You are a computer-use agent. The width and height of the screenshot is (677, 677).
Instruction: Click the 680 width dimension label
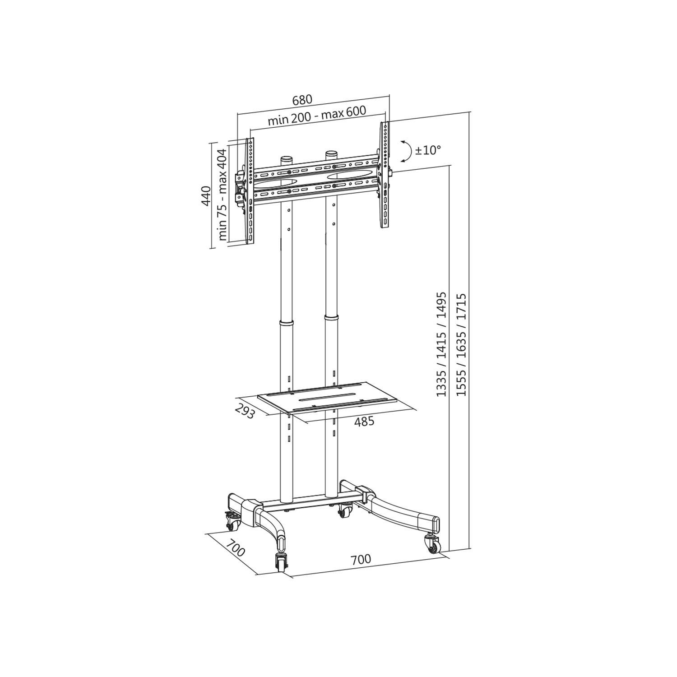(302, 100)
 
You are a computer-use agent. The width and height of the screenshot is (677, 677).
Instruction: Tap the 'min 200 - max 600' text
(316, 116)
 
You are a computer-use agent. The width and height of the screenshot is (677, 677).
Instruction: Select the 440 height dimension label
(205, 196)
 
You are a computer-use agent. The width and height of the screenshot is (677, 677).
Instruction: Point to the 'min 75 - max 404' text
(223, 195)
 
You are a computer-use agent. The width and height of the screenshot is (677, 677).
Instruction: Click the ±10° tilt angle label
(427, 150)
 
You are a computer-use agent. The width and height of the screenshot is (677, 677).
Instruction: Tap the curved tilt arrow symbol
(406, 150)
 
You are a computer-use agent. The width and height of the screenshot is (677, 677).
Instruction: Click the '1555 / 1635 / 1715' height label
(461, 345)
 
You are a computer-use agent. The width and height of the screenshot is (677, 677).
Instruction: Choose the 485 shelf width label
(364, 422)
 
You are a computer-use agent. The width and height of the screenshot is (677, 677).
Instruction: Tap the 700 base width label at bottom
(361, 560)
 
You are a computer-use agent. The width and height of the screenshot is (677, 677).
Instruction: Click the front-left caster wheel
(281, 561)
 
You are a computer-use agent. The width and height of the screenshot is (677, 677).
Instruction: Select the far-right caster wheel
(431, 543)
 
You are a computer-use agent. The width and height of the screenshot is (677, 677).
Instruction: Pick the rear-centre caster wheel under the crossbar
(345, 510)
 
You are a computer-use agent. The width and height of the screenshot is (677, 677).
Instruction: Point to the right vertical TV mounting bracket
(385, 176)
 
